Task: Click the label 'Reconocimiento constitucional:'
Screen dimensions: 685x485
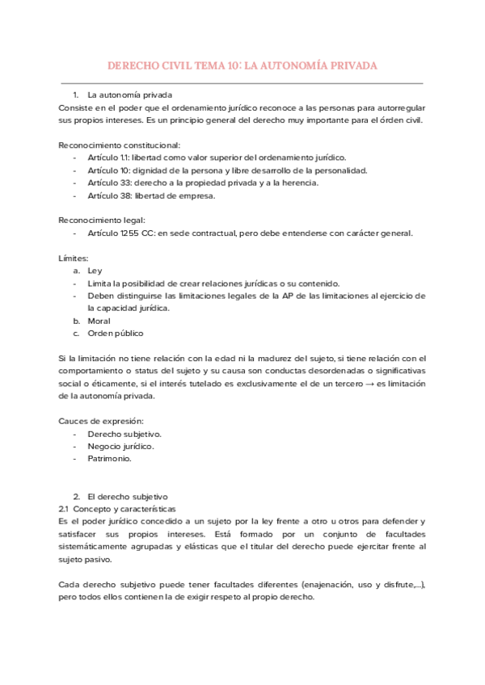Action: tap(120, 145)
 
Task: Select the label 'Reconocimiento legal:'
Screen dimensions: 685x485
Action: tap(102, 221)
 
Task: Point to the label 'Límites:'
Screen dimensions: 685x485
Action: tap(74, 258)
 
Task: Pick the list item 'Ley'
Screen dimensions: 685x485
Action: tap(95, 271)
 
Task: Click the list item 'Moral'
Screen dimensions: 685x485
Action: tap(99, 321)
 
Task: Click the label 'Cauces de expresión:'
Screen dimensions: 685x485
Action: tap(101, 422)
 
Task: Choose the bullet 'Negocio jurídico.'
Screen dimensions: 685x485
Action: tap(120, 446)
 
